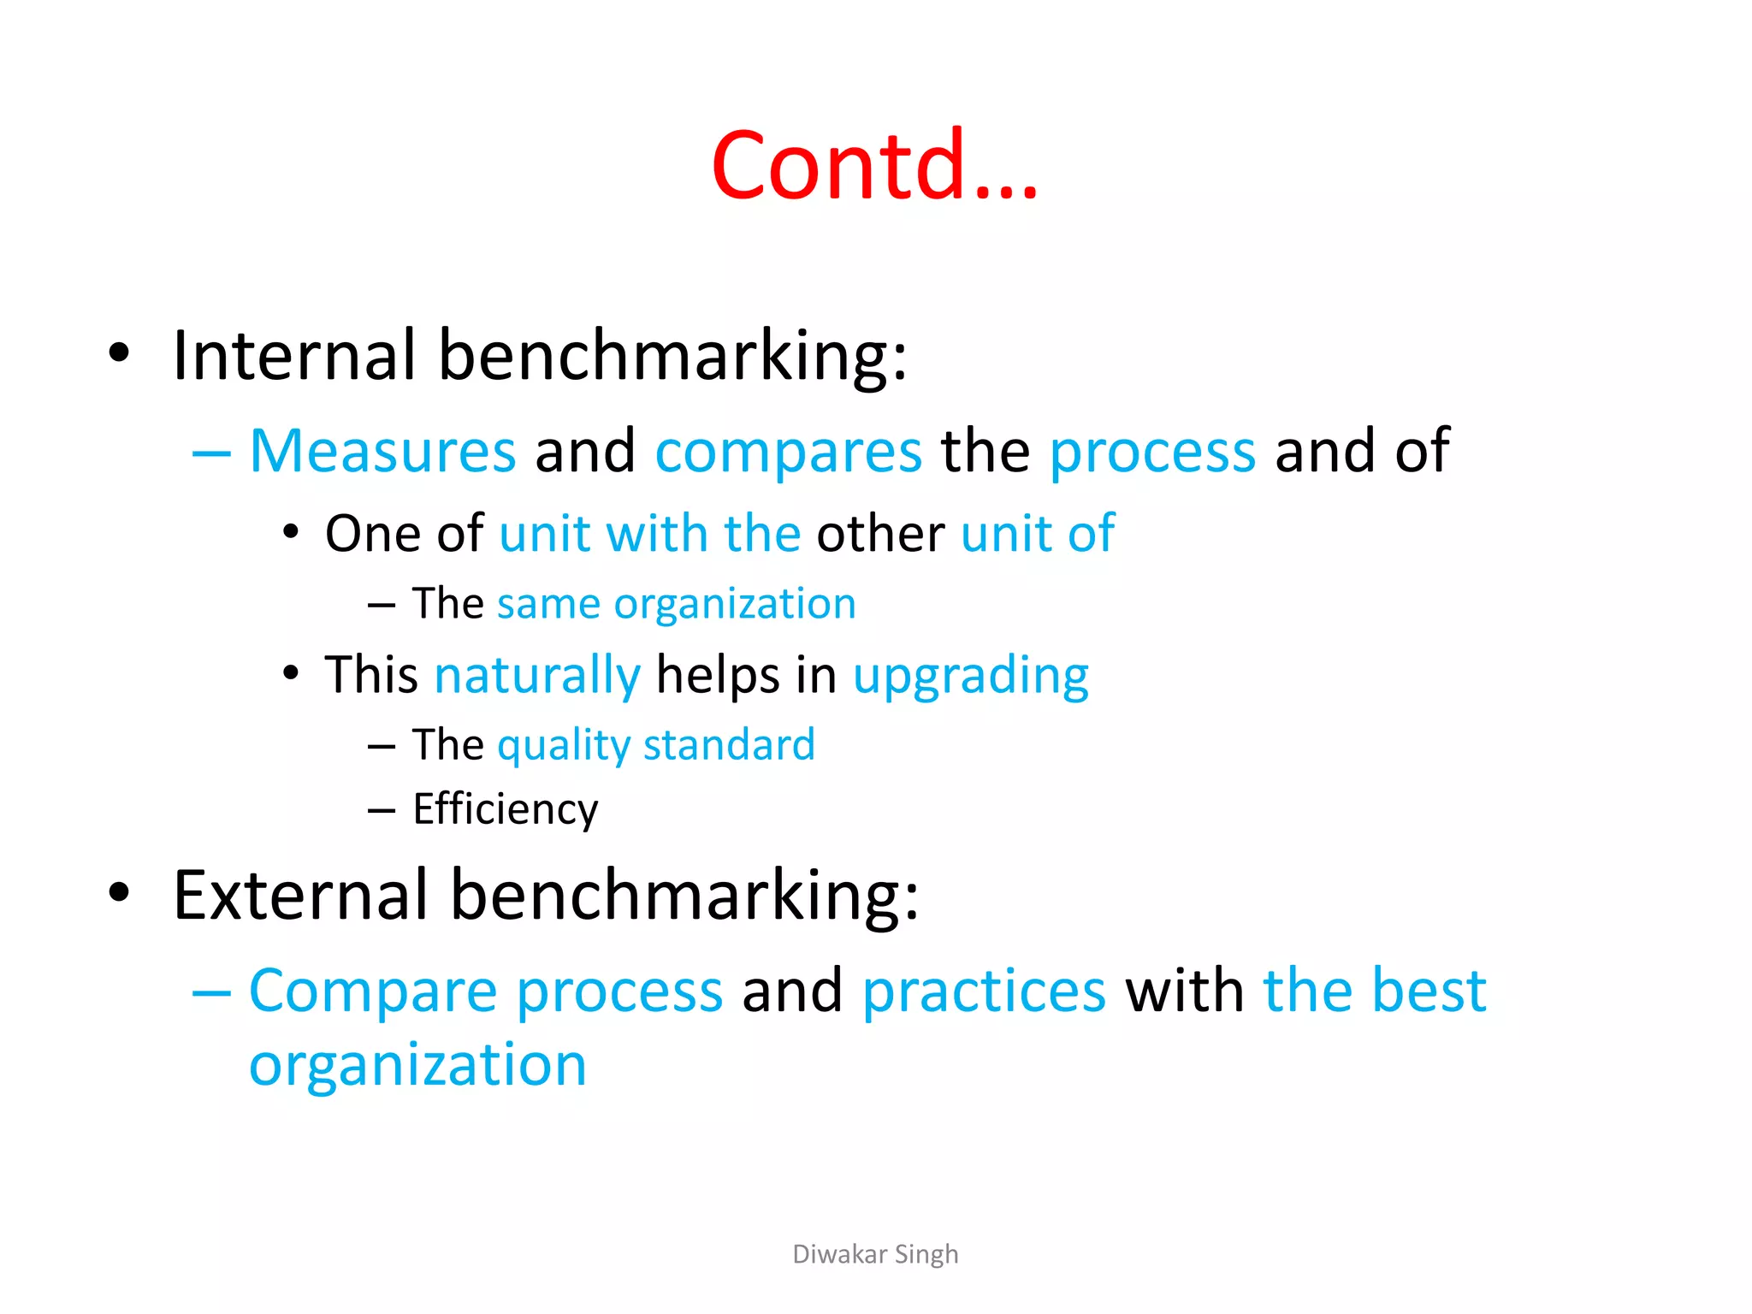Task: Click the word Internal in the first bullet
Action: click(293, 355)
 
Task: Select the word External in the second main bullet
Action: click(299, 895)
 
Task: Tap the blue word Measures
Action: click(382, 451)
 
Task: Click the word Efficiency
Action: click(505, 809)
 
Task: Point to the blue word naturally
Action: click(537, 676)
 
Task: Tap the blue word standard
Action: click(729, 744)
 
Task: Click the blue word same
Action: click(548, 605)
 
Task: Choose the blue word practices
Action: click(984, 991)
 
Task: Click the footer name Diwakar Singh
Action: click(875, 1254)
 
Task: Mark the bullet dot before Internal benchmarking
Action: click(119, 352)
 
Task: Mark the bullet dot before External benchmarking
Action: click(119, 892)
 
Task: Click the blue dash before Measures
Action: click(211, 453)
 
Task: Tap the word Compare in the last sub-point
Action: click(373, 992)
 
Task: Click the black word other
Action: click(880, 535)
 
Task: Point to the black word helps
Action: click(718, 676)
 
